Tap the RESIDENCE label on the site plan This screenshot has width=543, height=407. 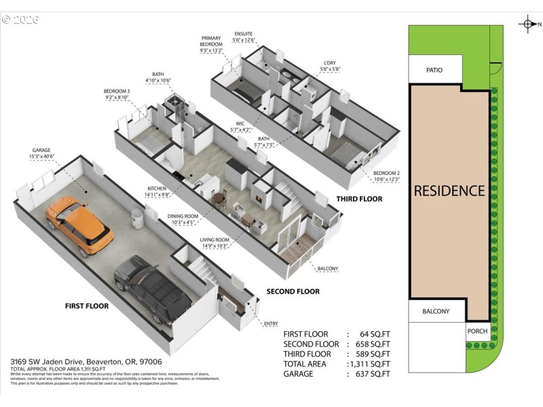pyautogui.click(x=449, y=191)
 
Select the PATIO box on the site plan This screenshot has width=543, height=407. pyautogui.click(x=435, y=69)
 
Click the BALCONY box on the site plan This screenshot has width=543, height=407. pyautogui.click(x=436, y=311)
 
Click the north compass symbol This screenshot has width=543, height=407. pyautogui.click(x=527, y=25)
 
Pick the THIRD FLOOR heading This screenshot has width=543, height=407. pyautogui.click(x=359, y=199)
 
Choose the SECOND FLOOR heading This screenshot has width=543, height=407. pyautogui.click(x=284, y=292)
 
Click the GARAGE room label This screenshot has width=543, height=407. pyautogui.click(x=41, y=151)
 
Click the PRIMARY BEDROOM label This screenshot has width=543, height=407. pyautogui.click(x=211, y=41)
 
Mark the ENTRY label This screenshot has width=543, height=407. pyautogui.click(x=269, y=324)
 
